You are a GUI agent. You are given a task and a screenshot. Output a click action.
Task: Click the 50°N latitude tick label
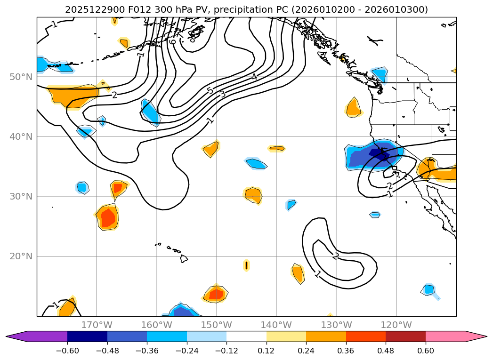click(20, 77)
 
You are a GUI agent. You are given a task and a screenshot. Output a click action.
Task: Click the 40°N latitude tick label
click(20, 136)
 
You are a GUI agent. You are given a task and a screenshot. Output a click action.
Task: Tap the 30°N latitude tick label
click(20, 196)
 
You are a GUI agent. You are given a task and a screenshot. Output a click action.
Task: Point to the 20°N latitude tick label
click(20, 256)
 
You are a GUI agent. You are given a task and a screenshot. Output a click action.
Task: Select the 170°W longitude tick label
click(97, 325)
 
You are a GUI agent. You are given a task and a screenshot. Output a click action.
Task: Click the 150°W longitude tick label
click(217, 325)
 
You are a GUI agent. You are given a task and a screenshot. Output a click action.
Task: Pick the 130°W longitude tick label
click(336, 325)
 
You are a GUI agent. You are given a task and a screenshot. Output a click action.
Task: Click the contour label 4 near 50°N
click(254, 76)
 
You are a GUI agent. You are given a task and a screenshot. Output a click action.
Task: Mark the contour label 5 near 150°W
click(210, 90)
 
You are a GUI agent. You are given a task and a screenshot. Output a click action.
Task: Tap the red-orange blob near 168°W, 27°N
click(108, 217)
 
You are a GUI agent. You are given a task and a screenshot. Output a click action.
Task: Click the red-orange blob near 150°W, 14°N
click(216, 294)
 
